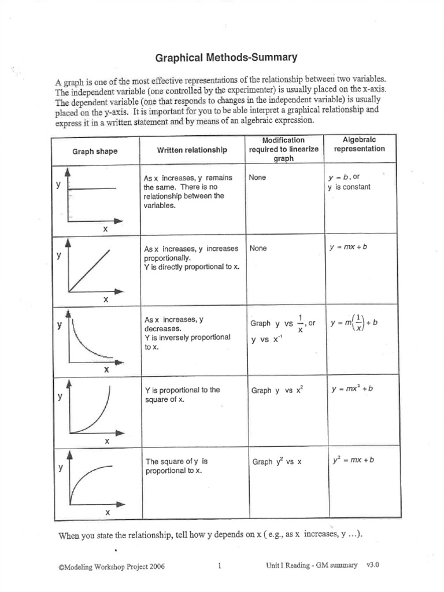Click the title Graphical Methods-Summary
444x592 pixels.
tap(227, 57)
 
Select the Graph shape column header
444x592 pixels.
tap(95, 151)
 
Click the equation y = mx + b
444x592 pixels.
tap(348, 247)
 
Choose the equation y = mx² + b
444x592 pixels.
tap(352, 388)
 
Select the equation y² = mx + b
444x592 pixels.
tap(353, 461)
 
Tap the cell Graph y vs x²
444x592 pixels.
tap(277, 390)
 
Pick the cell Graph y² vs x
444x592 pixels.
tap(277, 462)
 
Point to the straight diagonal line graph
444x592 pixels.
tap(90, 271)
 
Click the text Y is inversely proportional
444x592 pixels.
tap(187, 337)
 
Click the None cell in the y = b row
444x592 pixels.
tap(257, 177)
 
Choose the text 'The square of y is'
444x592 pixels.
tap(176, 461)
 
